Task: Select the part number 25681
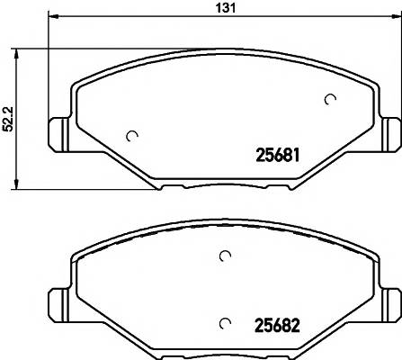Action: click(272, 155)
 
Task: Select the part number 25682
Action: click(272, 325)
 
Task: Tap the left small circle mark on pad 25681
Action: click(133, 136)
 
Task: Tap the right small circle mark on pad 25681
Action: click(330, 100)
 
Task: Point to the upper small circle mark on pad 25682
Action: click(225, 257)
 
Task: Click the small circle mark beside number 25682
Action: click(225, 322)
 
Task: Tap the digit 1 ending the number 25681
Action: click(295, 155)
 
